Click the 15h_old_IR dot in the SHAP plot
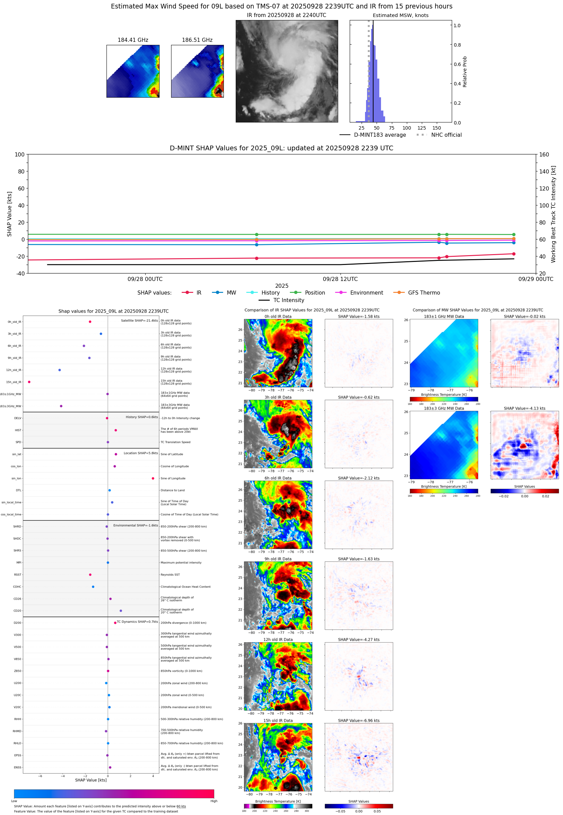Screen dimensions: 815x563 point(29,382)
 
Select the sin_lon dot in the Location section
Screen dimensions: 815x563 point(153,478)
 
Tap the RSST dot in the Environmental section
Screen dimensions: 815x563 point(90,575)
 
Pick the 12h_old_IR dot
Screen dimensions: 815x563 point(60,370)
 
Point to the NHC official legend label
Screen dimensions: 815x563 point(446,135)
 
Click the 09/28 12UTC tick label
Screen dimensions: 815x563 point(340,279)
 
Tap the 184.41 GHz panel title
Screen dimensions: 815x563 point(133,40)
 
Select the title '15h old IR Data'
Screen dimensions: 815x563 point(278,720)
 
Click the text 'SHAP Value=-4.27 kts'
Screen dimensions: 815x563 point(359,639)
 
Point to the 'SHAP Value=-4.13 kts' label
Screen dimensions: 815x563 point(524,409)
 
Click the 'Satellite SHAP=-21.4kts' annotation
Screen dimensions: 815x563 point(139,320)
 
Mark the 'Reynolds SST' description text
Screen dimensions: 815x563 point(170,575)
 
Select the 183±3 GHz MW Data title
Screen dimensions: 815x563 point(444,409)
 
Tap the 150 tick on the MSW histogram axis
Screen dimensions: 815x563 point(437,128)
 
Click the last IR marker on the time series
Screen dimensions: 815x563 point(514,254)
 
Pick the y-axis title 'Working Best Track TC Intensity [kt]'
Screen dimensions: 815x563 point(553,214)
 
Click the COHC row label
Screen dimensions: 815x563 point(17,587)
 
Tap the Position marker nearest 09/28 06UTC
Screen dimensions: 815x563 point(256,234)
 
